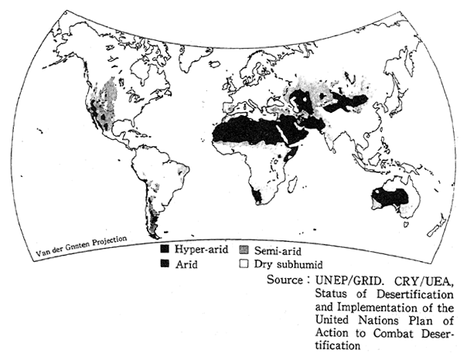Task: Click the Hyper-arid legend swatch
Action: coord(165,250)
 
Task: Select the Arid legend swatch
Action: coord(165,263)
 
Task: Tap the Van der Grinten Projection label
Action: coord(81,244)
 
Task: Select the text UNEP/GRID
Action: coord(345,278)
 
